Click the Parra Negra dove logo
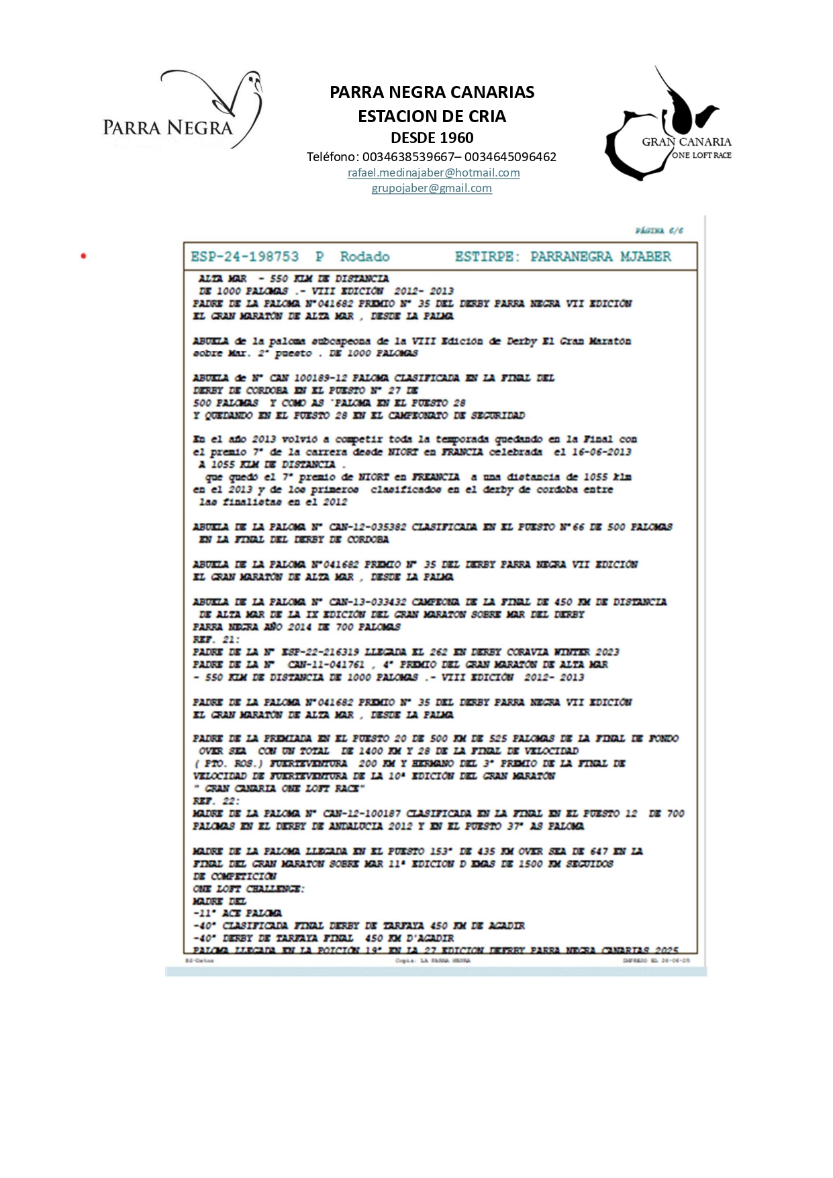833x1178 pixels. [x=183, y=109]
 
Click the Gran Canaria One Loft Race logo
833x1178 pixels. [x=668, y=126]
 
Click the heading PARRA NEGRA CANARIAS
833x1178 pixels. [x=432, y=92]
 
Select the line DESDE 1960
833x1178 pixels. [x=432, y=138]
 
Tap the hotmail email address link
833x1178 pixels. [x=434, y=173]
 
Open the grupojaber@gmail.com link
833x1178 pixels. [x=432, y=188]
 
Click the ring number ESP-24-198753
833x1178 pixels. [x=244, y=256]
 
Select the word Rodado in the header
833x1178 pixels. [x=364, y=256]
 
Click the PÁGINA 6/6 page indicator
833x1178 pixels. [x=659, y=231]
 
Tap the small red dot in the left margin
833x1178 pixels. [x=83, y=256]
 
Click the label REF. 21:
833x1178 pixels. [x=215, y=639]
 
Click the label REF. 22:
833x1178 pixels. [x=215, y=801]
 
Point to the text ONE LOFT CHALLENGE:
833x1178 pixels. [x=248, y=889]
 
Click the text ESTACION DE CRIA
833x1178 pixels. [x=432, y=116]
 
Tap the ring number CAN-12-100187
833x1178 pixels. [x=362, y=814]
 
